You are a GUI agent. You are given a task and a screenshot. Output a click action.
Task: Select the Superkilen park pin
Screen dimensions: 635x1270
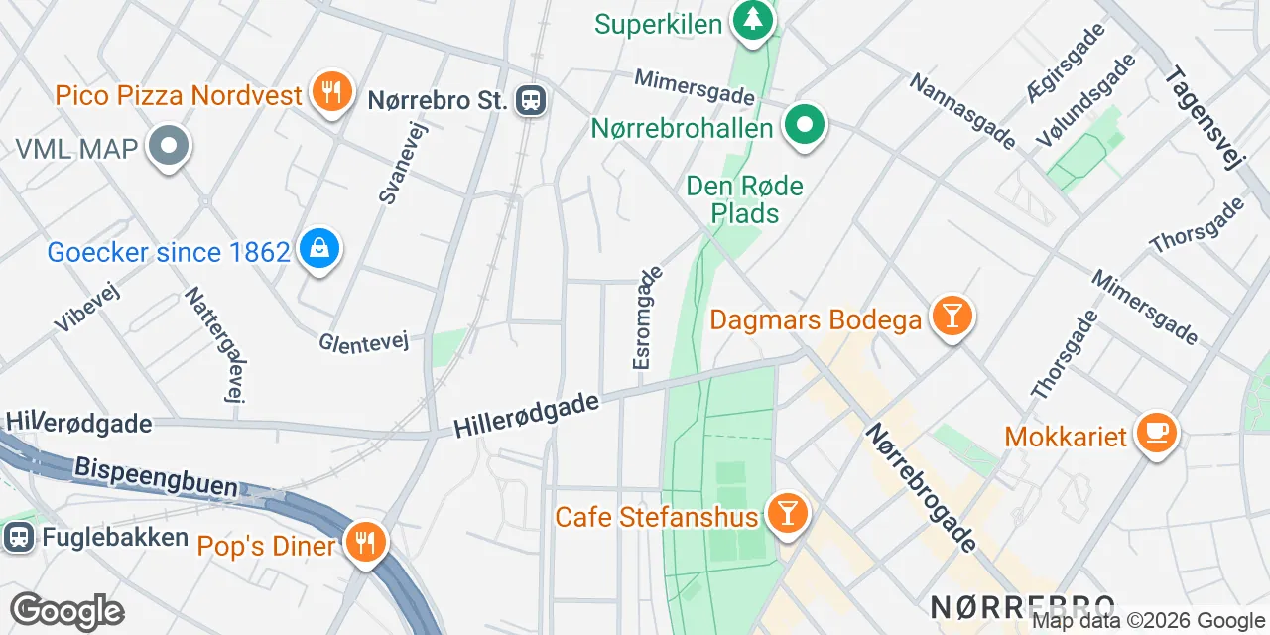click(x=753, y=19)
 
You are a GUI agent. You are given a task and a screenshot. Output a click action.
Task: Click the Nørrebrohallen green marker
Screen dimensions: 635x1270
click(x=806, y=126)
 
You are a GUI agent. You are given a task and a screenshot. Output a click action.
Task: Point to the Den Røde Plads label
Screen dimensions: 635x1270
click(x=744, y=199)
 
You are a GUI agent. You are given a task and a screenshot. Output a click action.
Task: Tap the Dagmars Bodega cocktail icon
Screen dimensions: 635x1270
click(x=952, y=317)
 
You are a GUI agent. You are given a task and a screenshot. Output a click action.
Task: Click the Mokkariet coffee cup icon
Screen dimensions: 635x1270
click(x=1157, y=433)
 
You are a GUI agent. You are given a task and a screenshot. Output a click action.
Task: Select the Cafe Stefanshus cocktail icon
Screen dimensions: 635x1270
click(x=788, y=514)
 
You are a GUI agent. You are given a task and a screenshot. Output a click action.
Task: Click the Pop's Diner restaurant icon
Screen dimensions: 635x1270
click(x=366, y=542)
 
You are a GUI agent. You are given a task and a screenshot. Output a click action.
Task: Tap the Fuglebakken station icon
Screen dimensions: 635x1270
click(x=17, y=537)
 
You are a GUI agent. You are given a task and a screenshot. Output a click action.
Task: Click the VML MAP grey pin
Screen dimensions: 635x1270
click(x=169, y=147)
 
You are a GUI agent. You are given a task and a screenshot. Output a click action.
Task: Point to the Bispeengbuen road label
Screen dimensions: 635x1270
click(x=156, y=476)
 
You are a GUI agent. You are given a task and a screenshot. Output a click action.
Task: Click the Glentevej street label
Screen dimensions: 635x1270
click(x=364, y=342)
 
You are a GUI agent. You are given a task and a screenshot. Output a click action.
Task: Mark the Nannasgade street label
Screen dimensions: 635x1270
click(x=961, y=111)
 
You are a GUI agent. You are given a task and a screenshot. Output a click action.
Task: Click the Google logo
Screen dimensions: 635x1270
click(x=66, y=611)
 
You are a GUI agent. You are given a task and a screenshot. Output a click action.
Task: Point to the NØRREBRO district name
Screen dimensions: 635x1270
click(x=1022, y=606)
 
